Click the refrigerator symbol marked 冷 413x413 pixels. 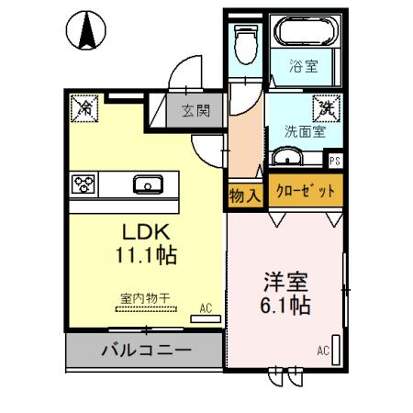tap(84, 108)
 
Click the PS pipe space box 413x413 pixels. tap(335, 160)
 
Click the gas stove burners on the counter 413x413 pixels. tap(84, 184)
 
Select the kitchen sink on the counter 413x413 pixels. tap(148, 184)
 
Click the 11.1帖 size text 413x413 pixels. tap(140, 253)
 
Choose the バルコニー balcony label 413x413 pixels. tap(145, 351)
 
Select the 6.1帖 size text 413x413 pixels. tap(283, 306)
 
